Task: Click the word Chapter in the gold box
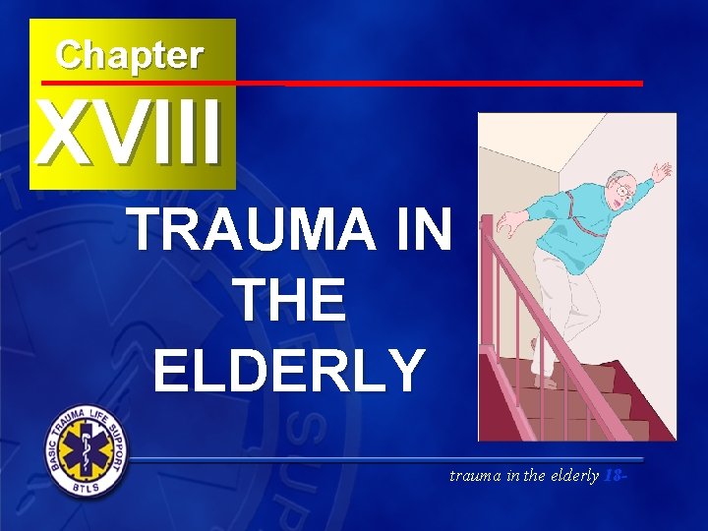tap(130, 54)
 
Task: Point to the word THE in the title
tap(291, 303)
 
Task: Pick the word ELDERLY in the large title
tap(289, 370)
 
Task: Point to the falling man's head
tap(619, 189)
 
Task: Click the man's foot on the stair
tap(544, 378)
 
